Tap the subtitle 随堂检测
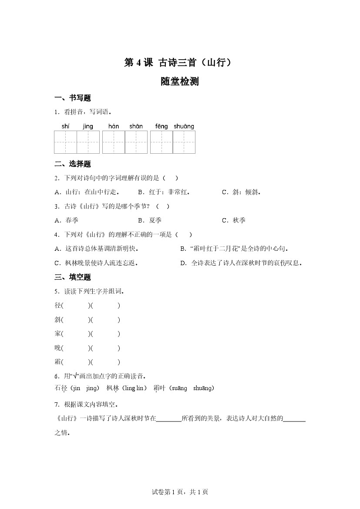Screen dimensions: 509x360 (179, 81)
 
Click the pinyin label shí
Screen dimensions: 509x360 (66, 126)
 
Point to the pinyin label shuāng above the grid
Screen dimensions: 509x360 (184, 126)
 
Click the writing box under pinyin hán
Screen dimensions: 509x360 (113, 142)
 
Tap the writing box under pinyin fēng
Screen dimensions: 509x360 (161, 142)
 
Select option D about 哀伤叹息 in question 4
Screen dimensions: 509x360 (242, 263)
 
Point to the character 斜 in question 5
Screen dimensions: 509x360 (58, 320)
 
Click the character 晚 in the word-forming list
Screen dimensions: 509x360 (58, 348)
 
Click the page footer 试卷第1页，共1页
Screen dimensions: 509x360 (180, 492)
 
